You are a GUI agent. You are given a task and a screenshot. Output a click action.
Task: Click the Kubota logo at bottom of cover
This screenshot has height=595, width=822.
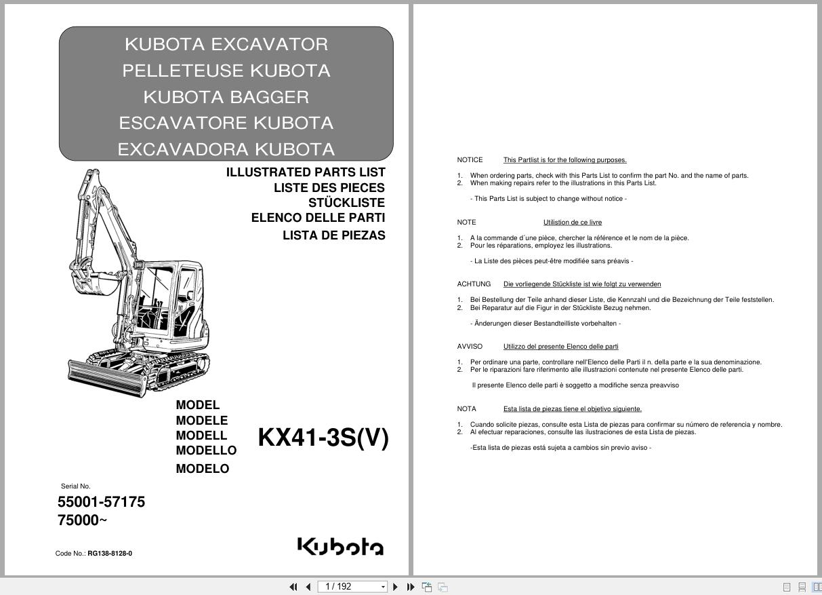[340, 546]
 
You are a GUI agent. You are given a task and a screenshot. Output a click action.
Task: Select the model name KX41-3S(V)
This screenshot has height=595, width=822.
[323, 438]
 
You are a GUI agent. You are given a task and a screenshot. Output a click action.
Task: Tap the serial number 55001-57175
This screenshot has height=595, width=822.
[101, 502]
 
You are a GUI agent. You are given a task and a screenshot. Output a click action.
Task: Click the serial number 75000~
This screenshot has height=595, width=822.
[82, 520]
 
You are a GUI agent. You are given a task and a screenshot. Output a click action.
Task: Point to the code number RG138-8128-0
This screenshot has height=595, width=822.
[110, 554]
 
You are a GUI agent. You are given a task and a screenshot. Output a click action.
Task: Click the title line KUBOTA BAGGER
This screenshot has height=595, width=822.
[226, 97]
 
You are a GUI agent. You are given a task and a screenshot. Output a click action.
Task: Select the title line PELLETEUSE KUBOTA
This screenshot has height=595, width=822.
[226, 71]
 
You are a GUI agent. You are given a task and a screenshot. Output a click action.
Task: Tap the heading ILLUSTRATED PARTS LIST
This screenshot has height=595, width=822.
[306, 172]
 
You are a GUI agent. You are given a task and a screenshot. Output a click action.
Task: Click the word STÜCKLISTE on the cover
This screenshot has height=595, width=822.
[346, 203]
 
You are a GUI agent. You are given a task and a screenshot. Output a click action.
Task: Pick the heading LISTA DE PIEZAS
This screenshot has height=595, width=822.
[333, 235]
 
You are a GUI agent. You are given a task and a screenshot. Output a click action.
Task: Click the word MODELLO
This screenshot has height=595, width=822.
[206, 450]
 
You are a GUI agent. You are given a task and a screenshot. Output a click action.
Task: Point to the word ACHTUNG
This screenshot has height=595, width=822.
[474, 284]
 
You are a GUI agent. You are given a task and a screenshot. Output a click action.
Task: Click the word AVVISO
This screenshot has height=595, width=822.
[470, 347]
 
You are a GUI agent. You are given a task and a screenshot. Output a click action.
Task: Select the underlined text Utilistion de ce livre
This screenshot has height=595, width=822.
[572, 223]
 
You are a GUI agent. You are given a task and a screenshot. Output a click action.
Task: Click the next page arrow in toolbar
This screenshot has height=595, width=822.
[396, 587]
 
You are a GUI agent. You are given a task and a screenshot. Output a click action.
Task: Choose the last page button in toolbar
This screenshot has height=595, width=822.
[411, 587]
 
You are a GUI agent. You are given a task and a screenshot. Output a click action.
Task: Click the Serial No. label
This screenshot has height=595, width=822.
[75, 486]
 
